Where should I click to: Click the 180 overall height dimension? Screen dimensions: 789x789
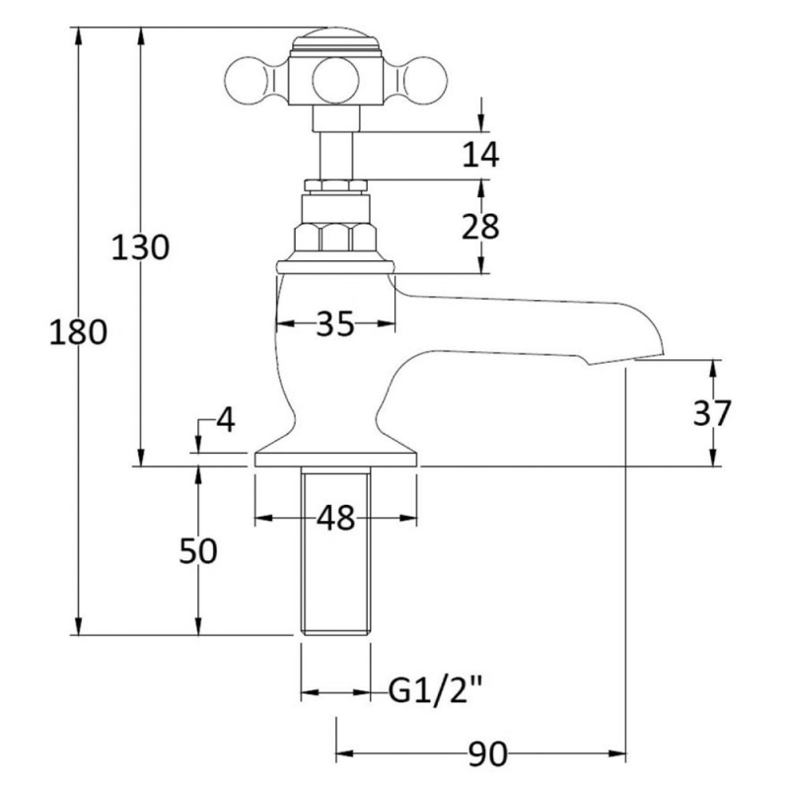pos(77,333)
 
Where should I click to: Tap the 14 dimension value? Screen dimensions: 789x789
pos(480,154)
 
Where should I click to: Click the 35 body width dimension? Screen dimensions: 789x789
pos(334,323)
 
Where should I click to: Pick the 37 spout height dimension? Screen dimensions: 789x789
pos(712,413)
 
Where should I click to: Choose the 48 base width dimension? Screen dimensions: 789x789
pos(335,518)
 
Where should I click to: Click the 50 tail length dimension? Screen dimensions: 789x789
pos(198,552)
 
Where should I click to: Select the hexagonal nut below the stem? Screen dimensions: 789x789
pos(335,238)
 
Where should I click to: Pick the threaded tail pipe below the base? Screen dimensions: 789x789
pos(335,552)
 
